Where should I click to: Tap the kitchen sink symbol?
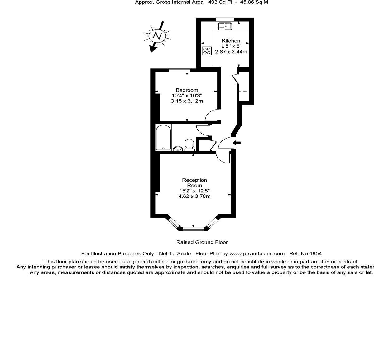point(226,26)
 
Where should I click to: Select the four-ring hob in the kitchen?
point(207,50)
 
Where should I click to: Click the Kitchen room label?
point(231,41)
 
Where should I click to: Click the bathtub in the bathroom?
point(163,138)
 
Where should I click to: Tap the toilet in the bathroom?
point(189,144)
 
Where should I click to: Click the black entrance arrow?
point(237,143)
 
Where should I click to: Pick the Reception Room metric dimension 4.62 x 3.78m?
point(194,196)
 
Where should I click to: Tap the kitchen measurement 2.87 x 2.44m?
point(231,52)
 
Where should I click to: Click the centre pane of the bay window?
point(193,229)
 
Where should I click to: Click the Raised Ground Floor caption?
point(202,242)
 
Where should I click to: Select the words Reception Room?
point(194,182)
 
